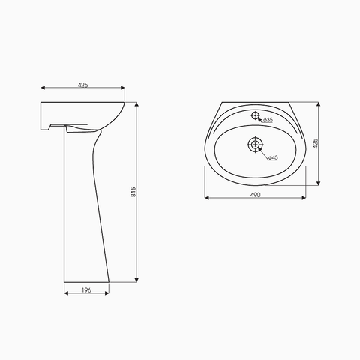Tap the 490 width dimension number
(x=256, y=195)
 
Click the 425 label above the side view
(x=83, y=85)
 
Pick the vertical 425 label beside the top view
(x=316, y=142)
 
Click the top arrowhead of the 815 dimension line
(x=137, y=103)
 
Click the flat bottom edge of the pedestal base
(x=87, y=283)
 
